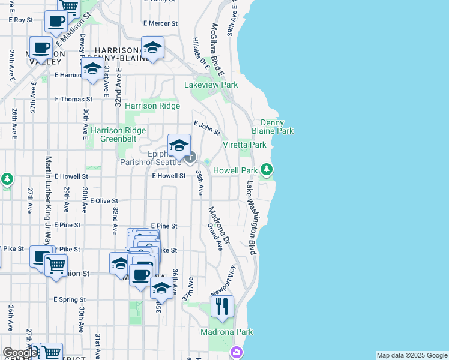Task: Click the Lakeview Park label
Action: pyautogui.click(x=211, y=85)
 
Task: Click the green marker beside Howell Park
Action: pyautogui.click(x=267, y=170)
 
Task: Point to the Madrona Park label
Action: pyautogui.click(x=226, y=332)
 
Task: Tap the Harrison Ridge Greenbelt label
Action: pyautogui.click(x=118, y=134)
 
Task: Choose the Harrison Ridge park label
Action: pyautogui.click(x=152, y=106)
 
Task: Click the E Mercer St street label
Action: pyautogui.click(x=161, y=23)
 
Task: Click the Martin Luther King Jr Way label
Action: pyautogui.click(x=49, y=198)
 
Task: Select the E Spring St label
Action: pyautogui.click(x=70, y=299)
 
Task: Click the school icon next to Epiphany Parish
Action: pyautogui.click(x=178, y=146)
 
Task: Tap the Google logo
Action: pyautogui.click(x=19, y=353)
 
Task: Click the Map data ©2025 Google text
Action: pyautogui.click(x=412, y=355)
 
